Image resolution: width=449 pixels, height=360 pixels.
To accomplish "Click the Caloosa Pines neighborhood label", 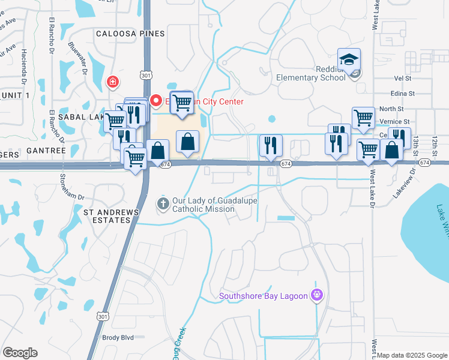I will [130, 34].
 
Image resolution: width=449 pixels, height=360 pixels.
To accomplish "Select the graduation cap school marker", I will [348, 59].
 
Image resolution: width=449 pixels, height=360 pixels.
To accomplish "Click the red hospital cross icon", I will [112, 82].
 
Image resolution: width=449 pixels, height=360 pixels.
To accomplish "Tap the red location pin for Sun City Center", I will [156, 101].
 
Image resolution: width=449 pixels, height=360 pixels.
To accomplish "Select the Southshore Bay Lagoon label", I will [264, 295].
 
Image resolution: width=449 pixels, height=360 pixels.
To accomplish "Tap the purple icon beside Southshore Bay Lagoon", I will [317, 295].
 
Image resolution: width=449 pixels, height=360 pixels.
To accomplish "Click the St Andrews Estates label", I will [111, 216].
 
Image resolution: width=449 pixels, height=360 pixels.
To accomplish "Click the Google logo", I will [20, 353].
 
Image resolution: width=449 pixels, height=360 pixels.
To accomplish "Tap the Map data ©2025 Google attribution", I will [412, 355].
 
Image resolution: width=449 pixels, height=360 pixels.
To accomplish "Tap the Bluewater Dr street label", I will [78, 59].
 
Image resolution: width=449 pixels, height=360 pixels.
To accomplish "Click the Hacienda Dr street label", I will [24, 66].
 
